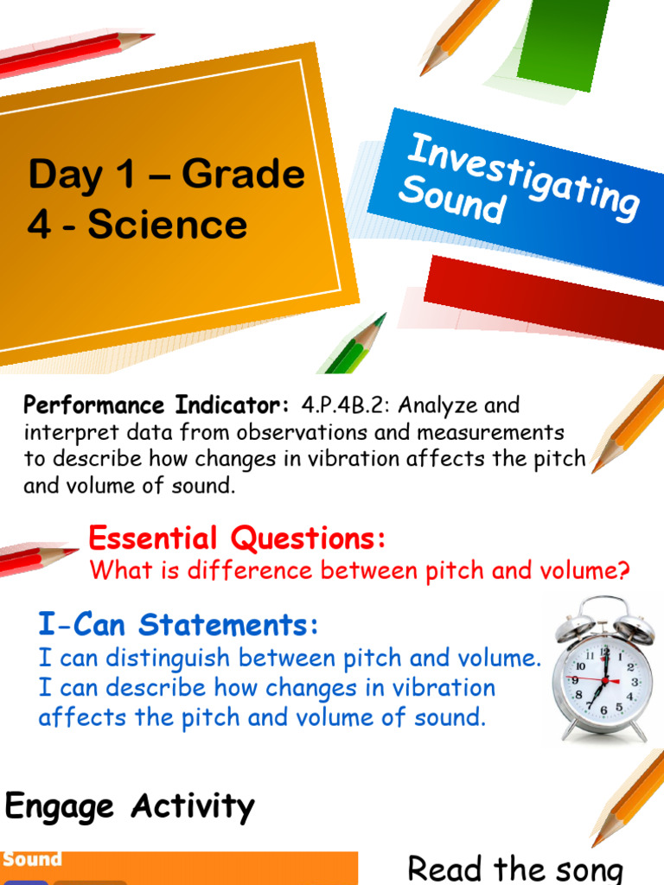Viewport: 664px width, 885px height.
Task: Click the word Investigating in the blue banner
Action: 524,176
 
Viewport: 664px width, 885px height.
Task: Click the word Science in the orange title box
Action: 168,225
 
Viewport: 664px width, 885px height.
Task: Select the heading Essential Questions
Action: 237,539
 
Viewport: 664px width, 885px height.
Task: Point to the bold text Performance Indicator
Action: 156,404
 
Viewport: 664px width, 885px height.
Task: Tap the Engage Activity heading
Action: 130,807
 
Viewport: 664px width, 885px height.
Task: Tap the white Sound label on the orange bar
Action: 32,860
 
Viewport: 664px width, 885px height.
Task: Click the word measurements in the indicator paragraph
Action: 483,431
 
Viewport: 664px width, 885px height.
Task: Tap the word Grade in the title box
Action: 243,175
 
